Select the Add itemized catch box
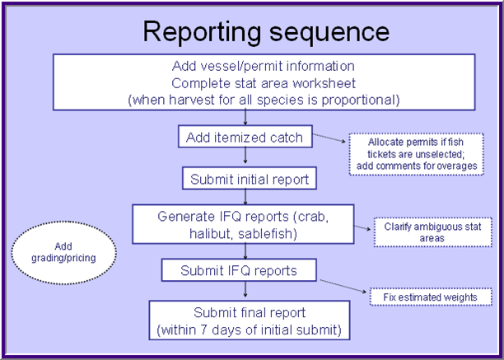click(x=245, y=136)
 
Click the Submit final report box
click(x=250, y=320)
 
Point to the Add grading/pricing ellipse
click(x=64, y=252)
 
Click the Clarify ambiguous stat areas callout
click(x=420, y=231)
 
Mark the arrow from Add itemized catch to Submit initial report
click(x=245, y=158)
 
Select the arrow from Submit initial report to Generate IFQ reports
click(x=245, y=198)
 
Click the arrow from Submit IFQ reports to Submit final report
click(x=245, y=291)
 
